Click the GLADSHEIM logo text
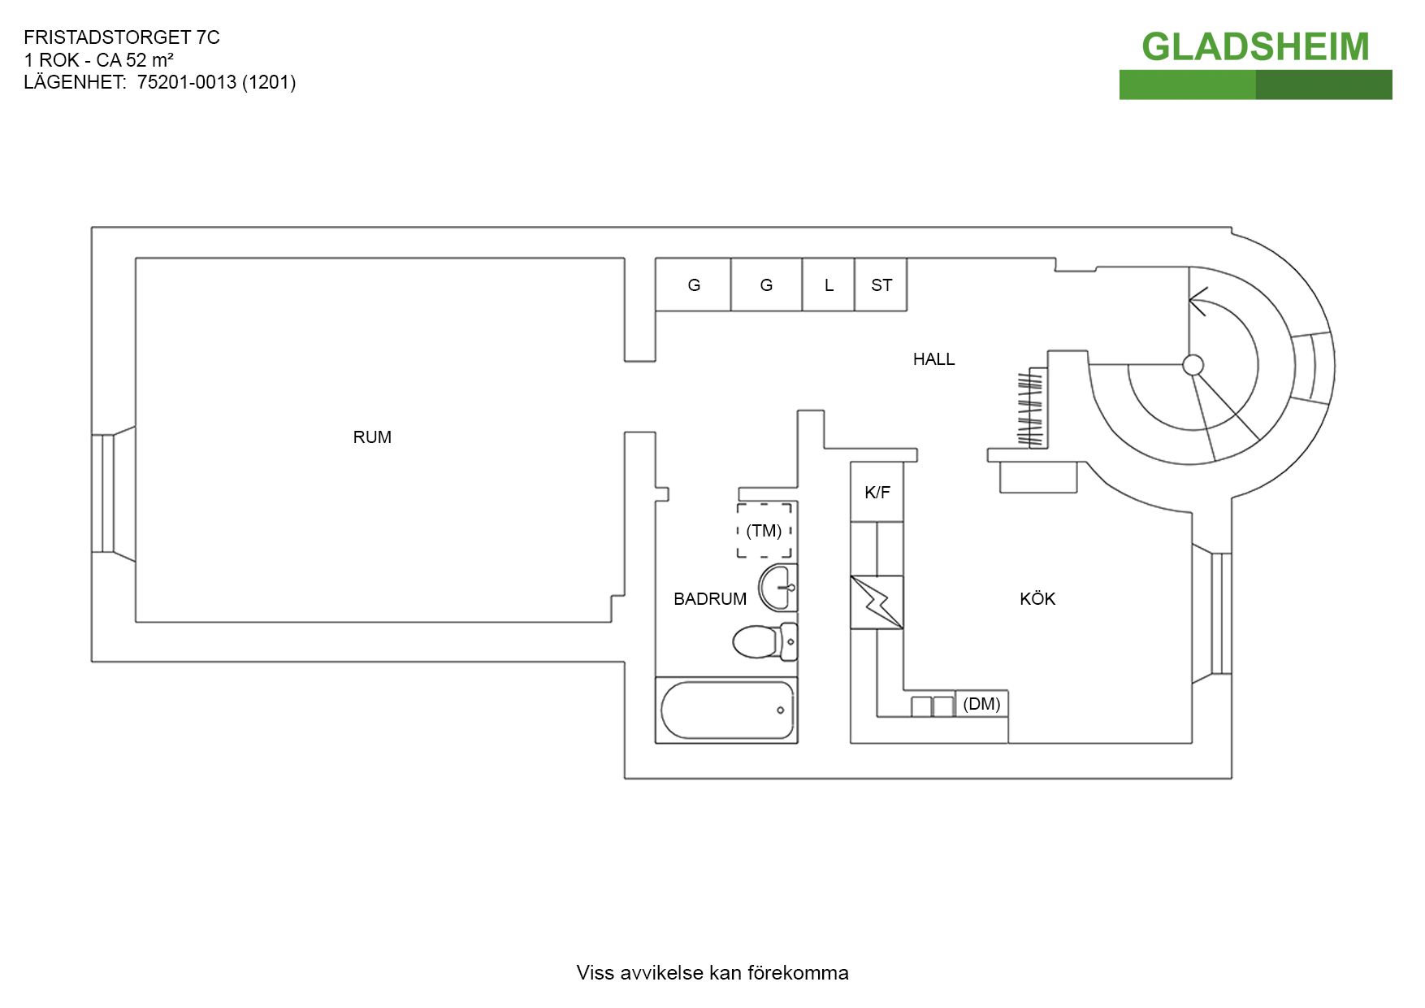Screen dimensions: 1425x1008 (x=1255, y=47)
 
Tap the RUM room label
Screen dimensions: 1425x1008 (x=372, y=437)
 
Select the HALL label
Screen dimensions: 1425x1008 (x=933, y=359)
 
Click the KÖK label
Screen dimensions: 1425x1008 (x=1037, y=599)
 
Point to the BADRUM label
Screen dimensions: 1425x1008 (x=710, y=599)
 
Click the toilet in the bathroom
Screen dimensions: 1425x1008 (x=765, y=642)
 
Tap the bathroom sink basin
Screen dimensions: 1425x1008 (x=778, y=587)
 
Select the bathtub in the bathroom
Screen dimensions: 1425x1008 (x=726, y=710)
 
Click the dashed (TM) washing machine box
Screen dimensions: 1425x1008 (x=764, y=530)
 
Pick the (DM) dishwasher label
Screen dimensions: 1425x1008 (x=981, y=704)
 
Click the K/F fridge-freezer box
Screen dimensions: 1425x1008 (x=877, y=492)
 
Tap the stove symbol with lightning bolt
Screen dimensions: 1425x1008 (x=877, y=602)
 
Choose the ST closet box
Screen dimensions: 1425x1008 (x=881, y=285)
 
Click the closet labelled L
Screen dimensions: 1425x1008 (x=828, y=285)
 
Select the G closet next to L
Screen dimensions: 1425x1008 (x=766, y=285)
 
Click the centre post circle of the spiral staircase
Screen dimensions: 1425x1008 (x=1193, y=365)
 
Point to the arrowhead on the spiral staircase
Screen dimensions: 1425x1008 (x=1197, y=302)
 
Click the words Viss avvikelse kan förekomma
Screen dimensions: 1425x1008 (x=712, y=973)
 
